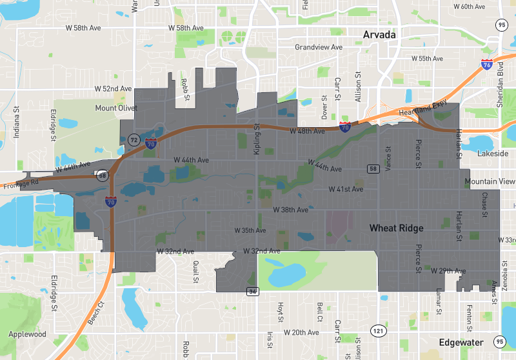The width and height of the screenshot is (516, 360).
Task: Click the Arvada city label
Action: point(379,35)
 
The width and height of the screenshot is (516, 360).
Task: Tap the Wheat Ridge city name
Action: point(396,228)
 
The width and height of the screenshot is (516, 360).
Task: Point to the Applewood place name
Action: point(27,334)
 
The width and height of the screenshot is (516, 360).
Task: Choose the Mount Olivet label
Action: point(116,108)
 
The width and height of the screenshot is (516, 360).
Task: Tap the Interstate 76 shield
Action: point(487,65)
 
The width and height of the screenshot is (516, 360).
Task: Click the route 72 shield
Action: point(134,139)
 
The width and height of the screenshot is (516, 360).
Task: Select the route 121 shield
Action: point(376,331)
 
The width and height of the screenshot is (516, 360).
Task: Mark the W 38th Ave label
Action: point(290,210)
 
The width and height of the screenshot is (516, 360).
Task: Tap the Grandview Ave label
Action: point(319,48)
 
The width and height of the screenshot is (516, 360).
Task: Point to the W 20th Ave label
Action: point(301,332)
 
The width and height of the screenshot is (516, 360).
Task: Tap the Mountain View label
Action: point(490,182)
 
